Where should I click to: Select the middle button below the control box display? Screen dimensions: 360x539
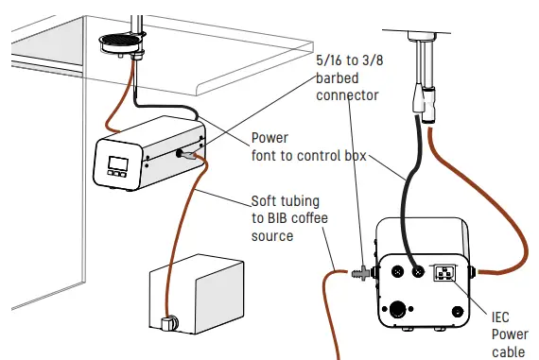click(x=118, y=174)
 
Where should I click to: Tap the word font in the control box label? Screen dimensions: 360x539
click(x=268, y=155)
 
